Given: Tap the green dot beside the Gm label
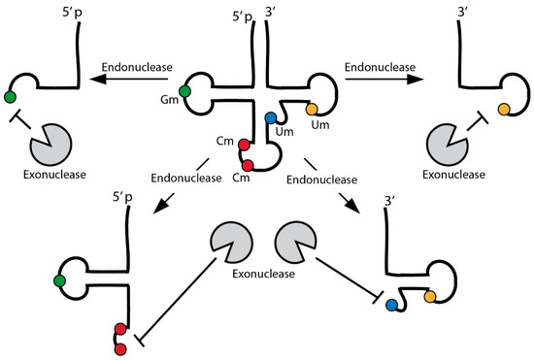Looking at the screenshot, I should (185, 92).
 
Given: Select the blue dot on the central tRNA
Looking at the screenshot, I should (271, 118).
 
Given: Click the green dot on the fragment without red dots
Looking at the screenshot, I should (10, 96).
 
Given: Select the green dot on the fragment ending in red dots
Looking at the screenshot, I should (60, 281).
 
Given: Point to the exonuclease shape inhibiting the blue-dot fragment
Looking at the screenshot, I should (300, 241).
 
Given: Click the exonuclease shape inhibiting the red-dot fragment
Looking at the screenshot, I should (229, 241).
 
